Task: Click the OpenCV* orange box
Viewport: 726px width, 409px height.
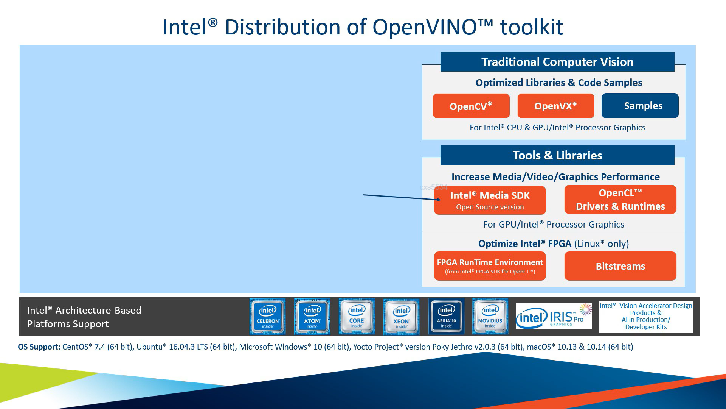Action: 471,106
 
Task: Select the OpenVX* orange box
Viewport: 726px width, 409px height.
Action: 555,106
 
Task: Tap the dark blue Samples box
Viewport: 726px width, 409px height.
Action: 640,106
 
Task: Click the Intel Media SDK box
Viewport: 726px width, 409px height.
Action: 490,200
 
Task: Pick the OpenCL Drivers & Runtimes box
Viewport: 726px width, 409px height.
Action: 620,200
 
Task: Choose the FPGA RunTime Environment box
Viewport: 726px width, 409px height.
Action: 490,266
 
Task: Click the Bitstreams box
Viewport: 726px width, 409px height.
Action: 620,266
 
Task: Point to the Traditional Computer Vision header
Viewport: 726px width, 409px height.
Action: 557,62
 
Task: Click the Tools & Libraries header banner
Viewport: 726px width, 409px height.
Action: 557,155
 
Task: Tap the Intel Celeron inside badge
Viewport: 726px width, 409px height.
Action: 268,317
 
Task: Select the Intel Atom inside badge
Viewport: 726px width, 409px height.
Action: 312,317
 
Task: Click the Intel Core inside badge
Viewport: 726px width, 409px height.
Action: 357,317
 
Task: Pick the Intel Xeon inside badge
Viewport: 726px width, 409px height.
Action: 401,317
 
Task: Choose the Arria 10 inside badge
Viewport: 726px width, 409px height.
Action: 446,317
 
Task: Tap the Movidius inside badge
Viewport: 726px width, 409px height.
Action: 490,317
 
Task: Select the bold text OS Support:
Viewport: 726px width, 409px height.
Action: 39,347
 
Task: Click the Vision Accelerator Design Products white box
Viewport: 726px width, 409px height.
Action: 646,317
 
